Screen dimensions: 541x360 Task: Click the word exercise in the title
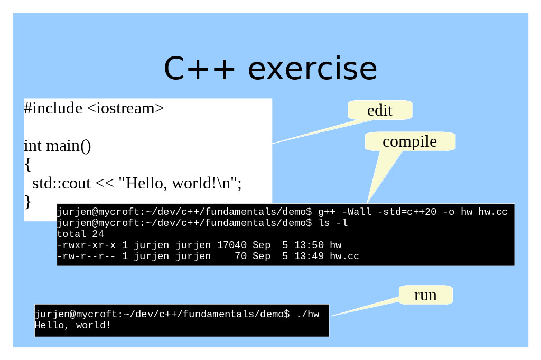[312, 69]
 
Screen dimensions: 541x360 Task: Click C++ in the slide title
[199, 69]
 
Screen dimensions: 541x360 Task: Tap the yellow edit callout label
[380, 110]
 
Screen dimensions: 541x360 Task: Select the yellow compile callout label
[410, 141]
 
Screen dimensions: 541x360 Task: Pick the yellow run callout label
[425, 295]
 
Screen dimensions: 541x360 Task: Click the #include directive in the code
[53, 108]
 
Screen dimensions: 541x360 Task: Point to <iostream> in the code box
[125, 108]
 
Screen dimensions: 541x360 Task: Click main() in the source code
[69, 146]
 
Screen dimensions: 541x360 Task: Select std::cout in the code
[61, 183]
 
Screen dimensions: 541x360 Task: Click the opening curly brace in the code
[28, 165]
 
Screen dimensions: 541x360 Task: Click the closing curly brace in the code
[28, 202]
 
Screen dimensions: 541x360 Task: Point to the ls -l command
[333, 223]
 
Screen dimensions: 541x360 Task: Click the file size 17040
[232, 245]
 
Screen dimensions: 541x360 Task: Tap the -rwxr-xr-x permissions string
[86, 245]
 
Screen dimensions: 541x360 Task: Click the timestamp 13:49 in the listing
[309, 256]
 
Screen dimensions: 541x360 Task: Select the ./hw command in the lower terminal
[308, 314]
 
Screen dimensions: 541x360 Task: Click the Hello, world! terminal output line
[72, 325]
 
